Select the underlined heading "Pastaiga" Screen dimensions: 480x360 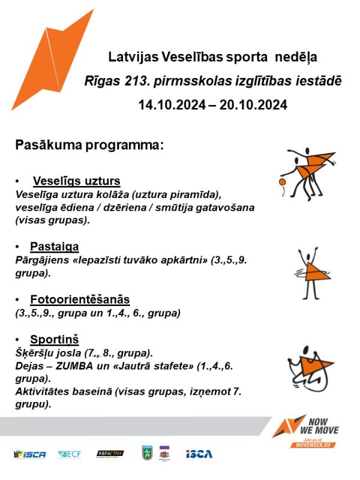pos(55,247)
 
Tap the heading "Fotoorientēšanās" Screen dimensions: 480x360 pos(80,299)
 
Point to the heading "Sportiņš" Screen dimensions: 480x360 pos(55,338)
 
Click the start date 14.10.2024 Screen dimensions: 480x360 pos(167,104)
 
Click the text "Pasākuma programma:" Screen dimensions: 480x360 pos(89,145)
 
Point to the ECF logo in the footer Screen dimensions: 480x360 pos(70,454)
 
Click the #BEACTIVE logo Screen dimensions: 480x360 pos(110,454)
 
